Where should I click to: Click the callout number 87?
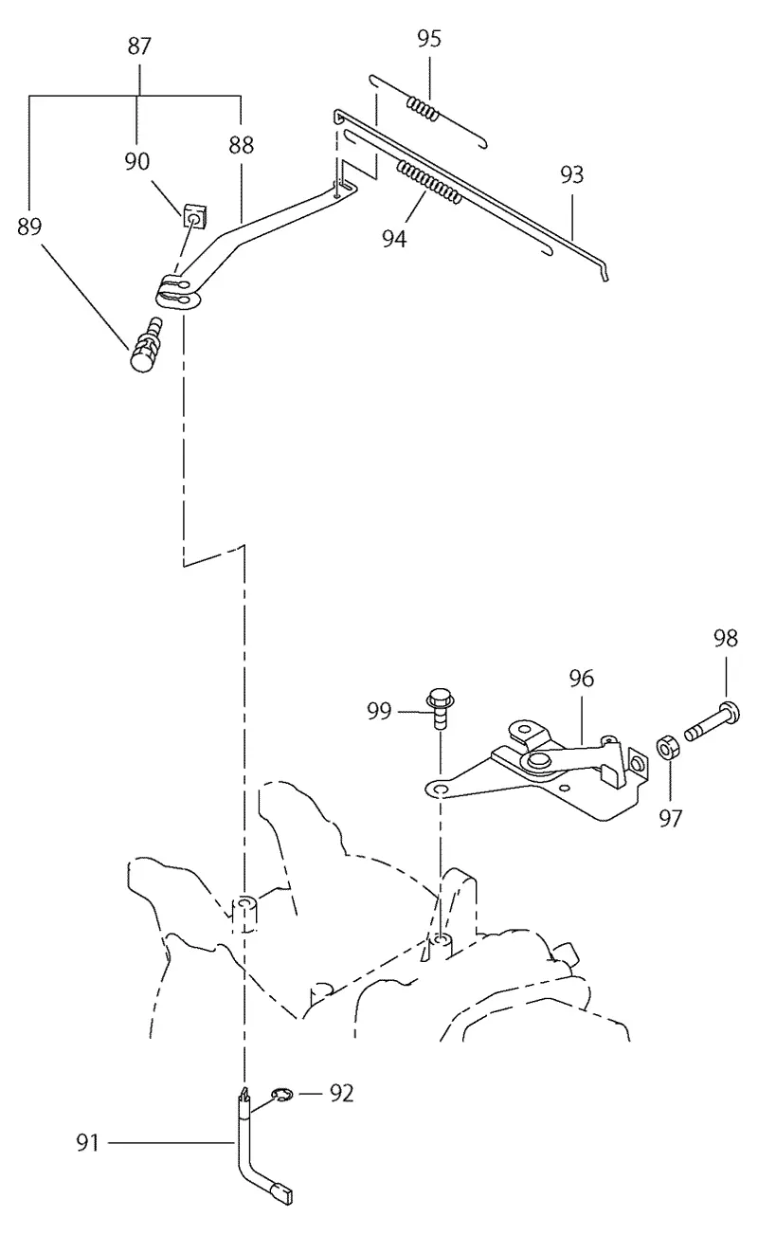point(139,46)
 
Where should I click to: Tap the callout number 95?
point(429,39)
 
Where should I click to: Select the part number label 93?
point(571,174)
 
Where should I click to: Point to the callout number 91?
point(88,1143)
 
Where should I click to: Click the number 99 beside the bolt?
point(379,711)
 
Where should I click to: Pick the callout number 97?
point(670,819)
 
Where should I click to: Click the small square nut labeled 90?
point(194,215)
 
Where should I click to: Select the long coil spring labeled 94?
point(429,182)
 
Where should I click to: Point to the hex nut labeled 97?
point(667,747)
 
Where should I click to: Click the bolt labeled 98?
point(713,720)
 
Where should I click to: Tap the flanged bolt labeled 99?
point(440,708)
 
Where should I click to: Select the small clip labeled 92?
point(282,1094)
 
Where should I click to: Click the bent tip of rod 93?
point(605,274)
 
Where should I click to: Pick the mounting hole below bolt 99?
point(440,790)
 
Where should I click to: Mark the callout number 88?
point(241,146)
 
